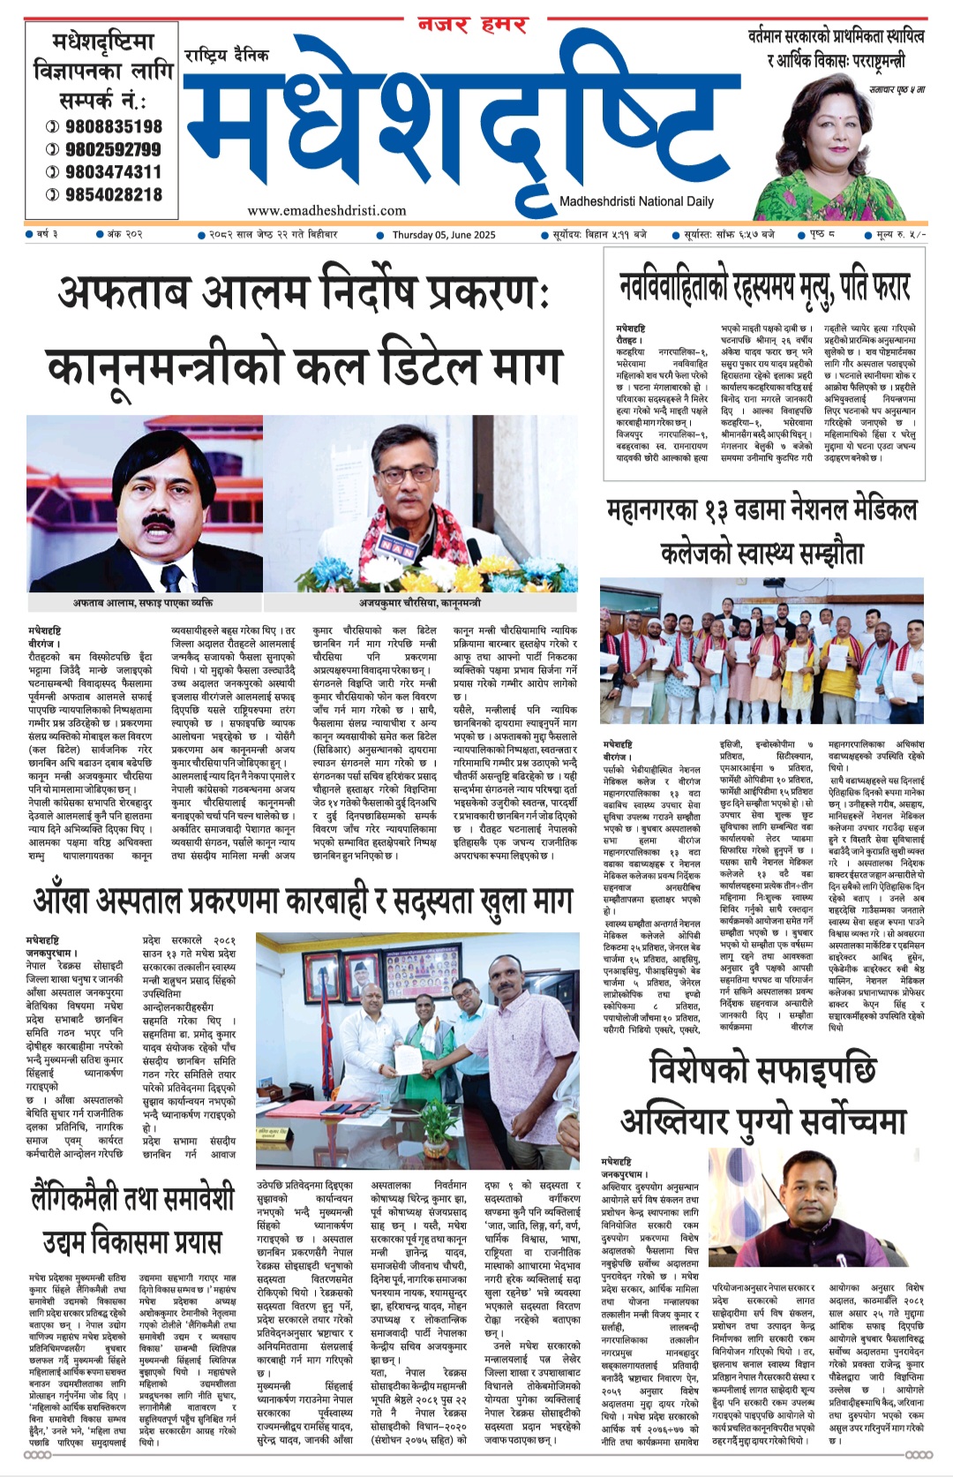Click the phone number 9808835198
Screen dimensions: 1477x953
(114, 126)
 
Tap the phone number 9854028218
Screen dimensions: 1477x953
(114, 194)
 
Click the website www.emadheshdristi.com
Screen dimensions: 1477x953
(326, 210)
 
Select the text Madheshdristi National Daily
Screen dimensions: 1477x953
(636, 201)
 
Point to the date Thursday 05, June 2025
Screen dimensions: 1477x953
(444, 235)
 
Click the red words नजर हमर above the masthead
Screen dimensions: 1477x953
(472, 25)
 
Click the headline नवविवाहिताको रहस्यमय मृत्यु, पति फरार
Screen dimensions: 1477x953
(764, 288)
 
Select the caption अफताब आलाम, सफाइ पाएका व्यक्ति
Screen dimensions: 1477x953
(143, 602)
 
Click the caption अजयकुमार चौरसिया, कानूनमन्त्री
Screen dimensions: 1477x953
(419, 602)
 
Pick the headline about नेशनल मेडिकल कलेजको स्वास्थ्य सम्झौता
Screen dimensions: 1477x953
(762, 531)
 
